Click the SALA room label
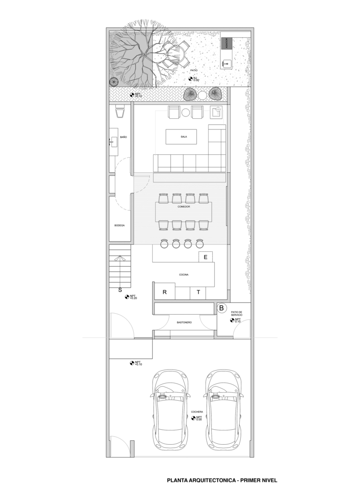coord(184,137)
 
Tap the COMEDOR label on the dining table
coord(184,207)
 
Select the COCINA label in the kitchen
coord(184,275)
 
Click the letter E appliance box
coord(205,257)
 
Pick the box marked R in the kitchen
coord(165,292)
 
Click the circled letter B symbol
coord(221,307)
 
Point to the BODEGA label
coord(120,226)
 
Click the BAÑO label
coord(123,137)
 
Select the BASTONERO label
coord(184,322)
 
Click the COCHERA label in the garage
coord(197,412)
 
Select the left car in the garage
coord(170,410)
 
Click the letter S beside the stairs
coord(120,291)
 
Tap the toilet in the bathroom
coord(121,112)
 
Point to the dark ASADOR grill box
coord(224,44)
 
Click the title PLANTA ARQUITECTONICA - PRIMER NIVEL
coord(221,480)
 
